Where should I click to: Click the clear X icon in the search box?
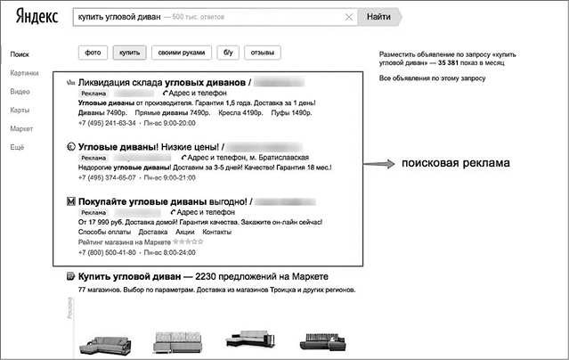348,17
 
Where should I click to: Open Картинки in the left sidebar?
25,73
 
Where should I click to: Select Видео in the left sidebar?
20,92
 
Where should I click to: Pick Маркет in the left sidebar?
22,128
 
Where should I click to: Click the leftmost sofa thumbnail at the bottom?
104,342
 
